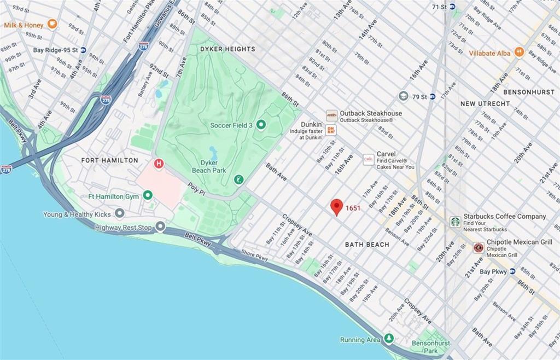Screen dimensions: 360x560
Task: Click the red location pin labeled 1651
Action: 337,206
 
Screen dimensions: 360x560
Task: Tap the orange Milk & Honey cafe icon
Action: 52,24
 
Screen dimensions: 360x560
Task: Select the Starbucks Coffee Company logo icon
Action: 454,222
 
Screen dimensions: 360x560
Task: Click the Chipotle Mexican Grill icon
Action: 478,247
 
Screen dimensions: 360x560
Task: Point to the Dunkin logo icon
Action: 330,130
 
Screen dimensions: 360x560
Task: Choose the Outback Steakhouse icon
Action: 331,115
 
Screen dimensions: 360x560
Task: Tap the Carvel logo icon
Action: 369,159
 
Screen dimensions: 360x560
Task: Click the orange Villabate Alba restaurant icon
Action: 519,53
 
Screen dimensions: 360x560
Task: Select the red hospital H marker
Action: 159,163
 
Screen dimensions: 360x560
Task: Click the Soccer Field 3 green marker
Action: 261,125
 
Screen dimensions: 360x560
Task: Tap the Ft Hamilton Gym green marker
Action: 148,195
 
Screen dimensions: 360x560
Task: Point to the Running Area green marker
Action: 389,339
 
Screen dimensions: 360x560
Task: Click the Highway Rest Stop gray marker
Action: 160,227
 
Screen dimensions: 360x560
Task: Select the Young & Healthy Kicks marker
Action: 119,213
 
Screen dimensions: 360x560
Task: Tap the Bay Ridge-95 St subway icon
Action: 83,50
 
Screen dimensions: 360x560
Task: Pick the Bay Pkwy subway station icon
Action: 512,271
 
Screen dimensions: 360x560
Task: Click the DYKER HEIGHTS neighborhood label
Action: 227,49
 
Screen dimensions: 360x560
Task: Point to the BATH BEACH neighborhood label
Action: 367,245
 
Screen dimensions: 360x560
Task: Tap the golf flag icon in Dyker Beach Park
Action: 238,179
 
